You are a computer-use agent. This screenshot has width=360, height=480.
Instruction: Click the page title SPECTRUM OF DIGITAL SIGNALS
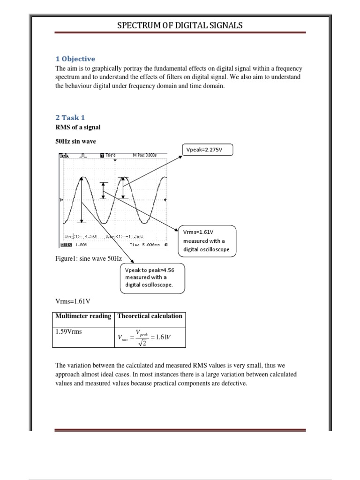[180, 25]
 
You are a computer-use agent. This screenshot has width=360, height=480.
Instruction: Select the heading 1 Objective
[75, 59]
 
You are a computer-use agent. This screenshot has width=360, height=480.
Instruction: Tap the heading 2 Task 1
[70, 118]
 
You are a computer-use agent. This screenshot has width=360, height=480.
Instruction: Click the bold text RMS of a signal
[78, 127]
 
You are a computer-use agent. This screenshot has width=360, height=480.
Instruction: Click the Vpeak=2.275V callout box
[207, 151]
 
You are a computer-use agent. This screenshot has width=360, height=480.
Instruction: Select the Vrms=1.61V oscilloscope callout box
[208, 241]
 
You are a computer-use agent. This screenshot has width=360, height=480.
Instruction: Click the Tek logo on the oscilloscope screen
[64, 155]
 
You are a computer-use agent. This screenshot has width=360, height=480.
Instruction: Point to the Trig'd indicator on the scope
[110, 155]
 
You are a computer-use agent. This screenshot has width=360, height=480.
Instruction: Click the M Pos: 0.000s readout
[145, 155]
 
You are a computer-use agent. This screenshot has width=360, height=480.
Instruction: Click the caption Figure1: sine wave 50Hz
[89, 258]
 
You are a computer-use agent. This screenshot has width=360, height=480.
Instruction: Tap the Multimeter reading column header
[83, 316]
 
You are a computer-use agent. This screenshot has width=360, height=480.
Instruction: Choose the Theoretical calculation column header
[150, 316]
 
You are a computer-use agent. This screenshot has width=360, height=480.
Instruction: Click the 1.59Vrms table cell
[68, 331]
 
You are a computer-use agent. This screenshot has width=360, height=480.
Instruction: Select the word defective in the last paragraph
[232, 383]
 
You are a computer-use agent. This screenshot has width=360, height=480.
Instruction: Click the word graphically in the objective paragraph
[100, 68]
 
